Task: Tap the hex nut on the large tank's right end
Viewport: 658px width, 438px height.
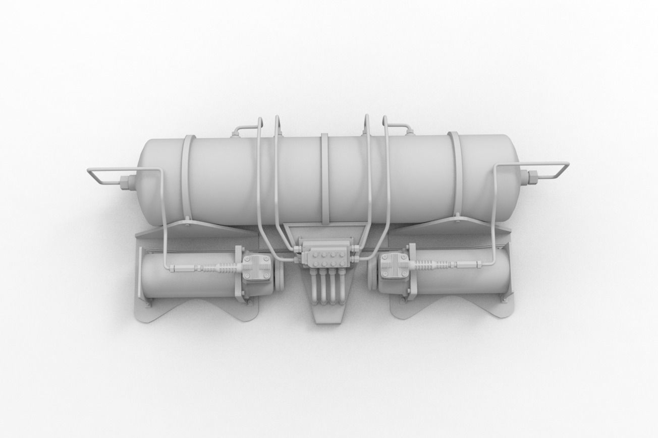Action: pos(531,177)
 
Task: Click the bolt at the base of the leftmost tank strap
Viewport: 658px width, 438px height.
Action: pos(187,219)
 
